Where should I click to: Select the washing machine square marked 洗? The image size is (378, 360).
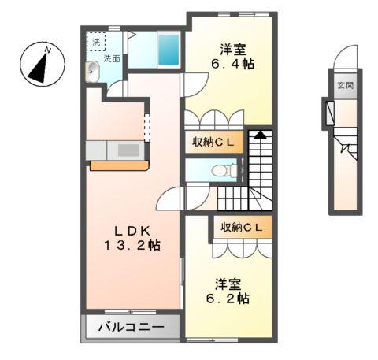[95, 41]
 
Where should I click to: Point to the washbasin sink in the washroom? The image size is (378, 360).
[93, 71]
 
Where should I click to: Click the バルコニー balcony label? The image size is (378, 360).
[131, 327]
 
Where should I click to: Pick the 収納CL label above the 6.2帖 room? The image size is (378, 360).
[242, 227]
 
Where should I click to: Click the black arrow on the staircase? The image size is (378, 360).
[261, 135]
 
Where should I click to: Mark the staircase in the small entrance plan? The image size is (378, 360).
[346, 147]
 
